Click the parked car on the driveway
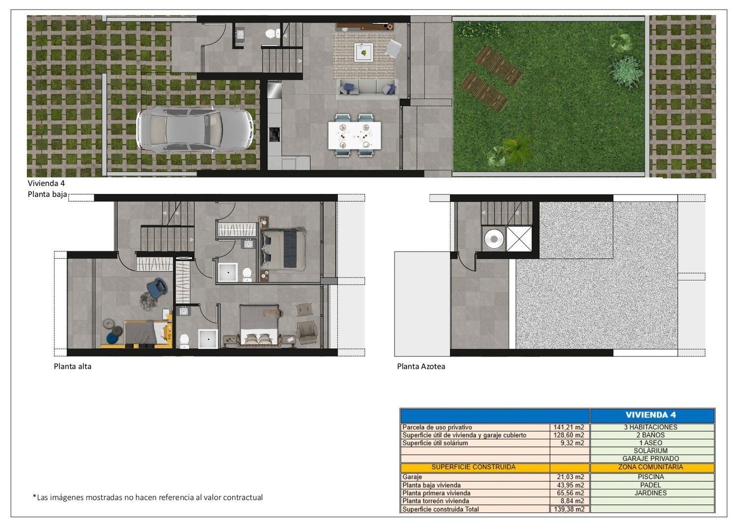(x=196, y=130)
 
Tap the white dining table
(x=354, y=135)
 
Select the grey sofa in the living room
(x=367, y=89)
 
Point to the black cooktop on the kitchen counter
(x=274, y=134)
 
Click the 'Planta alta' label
(x=72, y=366)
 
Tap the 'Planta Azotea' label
(x=421, y=366)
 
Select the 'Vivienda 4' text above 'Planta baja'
(x=46, y=183)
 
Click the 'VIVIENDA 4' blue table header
(x=651, y=415)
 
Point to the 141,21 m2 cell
(x=568, y=427)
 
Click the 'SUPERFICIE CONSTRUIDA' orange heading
(x=474, y=467)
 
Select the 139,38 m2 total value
(x=569, y=509)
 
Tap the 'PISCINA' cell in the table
(x=651, y=477)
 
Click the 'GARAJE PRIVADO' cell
(x=651, y=459)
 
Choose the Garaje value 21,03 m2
(x=570, y=477)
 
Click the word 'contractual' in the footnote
(x=243, y=497)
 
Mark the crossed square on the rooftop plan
(x=519, y=239)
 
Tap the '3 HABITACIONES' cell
(x=651, y=427)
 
